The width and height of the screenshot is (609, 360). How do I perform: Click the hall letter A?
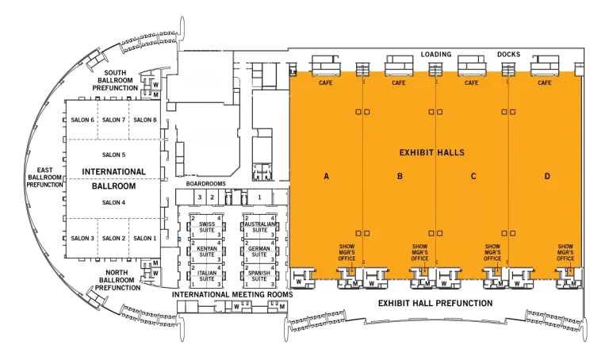pos(326,176)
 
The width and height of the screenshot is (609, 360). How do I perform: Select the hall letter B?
pos(400,176)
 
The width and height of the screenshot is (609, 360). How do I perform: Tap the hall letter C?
pos(473,176)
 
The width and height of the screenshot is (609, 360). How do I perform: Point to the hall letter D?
pos(547,176)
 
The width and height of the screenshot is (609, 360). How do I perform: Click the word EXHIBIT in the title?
pos(417,152)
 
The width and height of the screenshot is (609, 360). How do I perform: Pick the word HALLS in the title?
pos(451,152)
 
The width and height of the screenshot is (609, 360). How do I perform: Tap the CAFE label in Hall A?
pos(325,82)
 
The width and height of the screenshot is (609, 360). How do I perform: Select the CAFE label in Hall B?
pos(398,82)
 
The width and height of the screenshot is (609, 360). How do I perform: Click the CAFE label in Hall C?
pos(471,82)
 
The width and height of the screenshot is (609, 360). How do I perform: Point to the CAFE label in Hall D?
pos(545,82)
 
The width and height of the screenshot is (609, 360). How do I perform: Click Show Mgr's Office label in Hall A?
pos(347,252)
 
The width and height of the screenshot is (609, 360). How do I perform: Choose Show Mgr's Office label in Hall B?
pos(419,252)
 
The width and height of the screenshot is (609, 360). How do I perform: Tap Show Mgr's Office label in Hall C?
pos(492,252)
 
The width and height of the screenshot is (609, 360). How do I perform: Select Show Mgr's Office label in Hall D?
pos(565,252)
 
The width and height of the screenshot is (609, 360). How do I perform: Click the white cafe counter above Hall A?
pos(325,73)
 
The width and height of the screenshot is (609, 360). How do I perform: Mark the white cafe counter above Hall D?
pos(545,73)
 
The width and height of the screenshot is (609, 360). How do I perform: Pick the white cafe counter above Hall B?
pos(398,73)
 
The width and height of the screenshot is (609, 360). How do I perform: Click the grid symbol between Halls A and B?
pos(362,71)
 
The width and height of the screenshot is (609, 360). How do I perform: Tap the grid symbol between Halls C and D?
pos(508,71)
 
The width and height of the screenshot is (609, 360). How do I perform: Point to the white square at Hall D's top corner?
pos(579,71)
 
